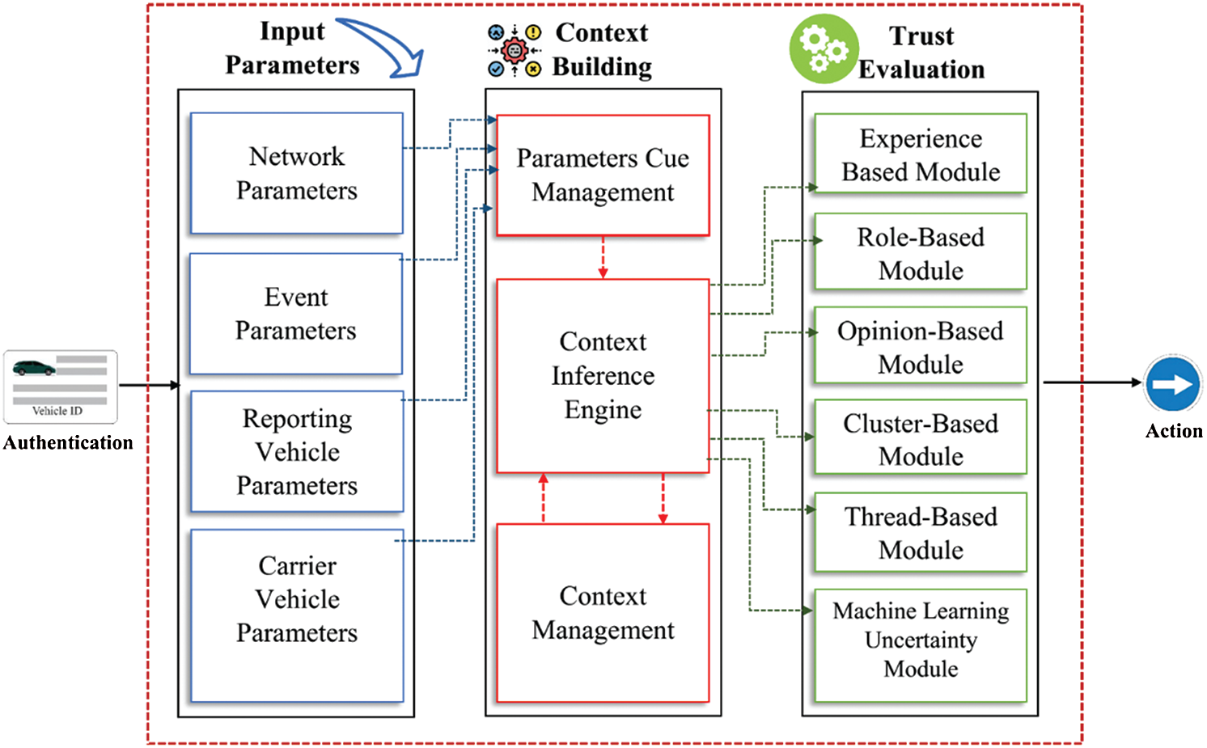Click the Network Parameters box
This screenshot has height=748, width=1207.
tap(296, 173)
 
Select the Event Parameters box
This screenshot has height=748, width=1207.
tap(296, 314)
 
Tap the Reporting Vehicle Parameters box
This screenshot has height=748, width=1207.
tap(297, 451)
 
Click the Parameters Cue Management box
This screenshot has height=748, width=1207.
tap(603, 175)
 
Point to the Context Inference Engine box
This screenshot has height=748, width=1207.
tap(603, 376)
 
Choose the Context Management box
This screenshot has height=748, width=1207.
tap(603, 613)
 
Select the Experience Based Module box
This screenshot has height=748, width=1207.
tap(921, 154)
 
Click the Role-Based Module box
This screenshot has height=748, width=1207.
tap(921, 252)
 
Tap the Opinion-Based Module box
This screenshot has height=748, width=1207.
tap(921, 346)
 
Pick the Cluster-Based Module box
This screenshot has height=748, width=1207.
tap(921, 438)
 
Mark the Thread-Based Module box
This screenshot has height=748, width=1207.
tap(921, 532)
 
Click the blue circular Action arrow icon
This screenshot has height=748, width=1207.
tap(1173, 383)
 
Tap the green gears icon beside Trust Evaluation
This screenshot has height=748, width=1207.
tap(824, 49)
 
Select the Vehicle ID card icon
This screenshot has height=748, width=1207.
tap(61, 387)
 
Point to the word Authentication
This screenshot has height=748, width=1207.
tap(68, 442)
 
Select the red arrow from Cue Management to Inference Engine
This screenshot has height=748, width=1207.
tap(603, 257)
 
